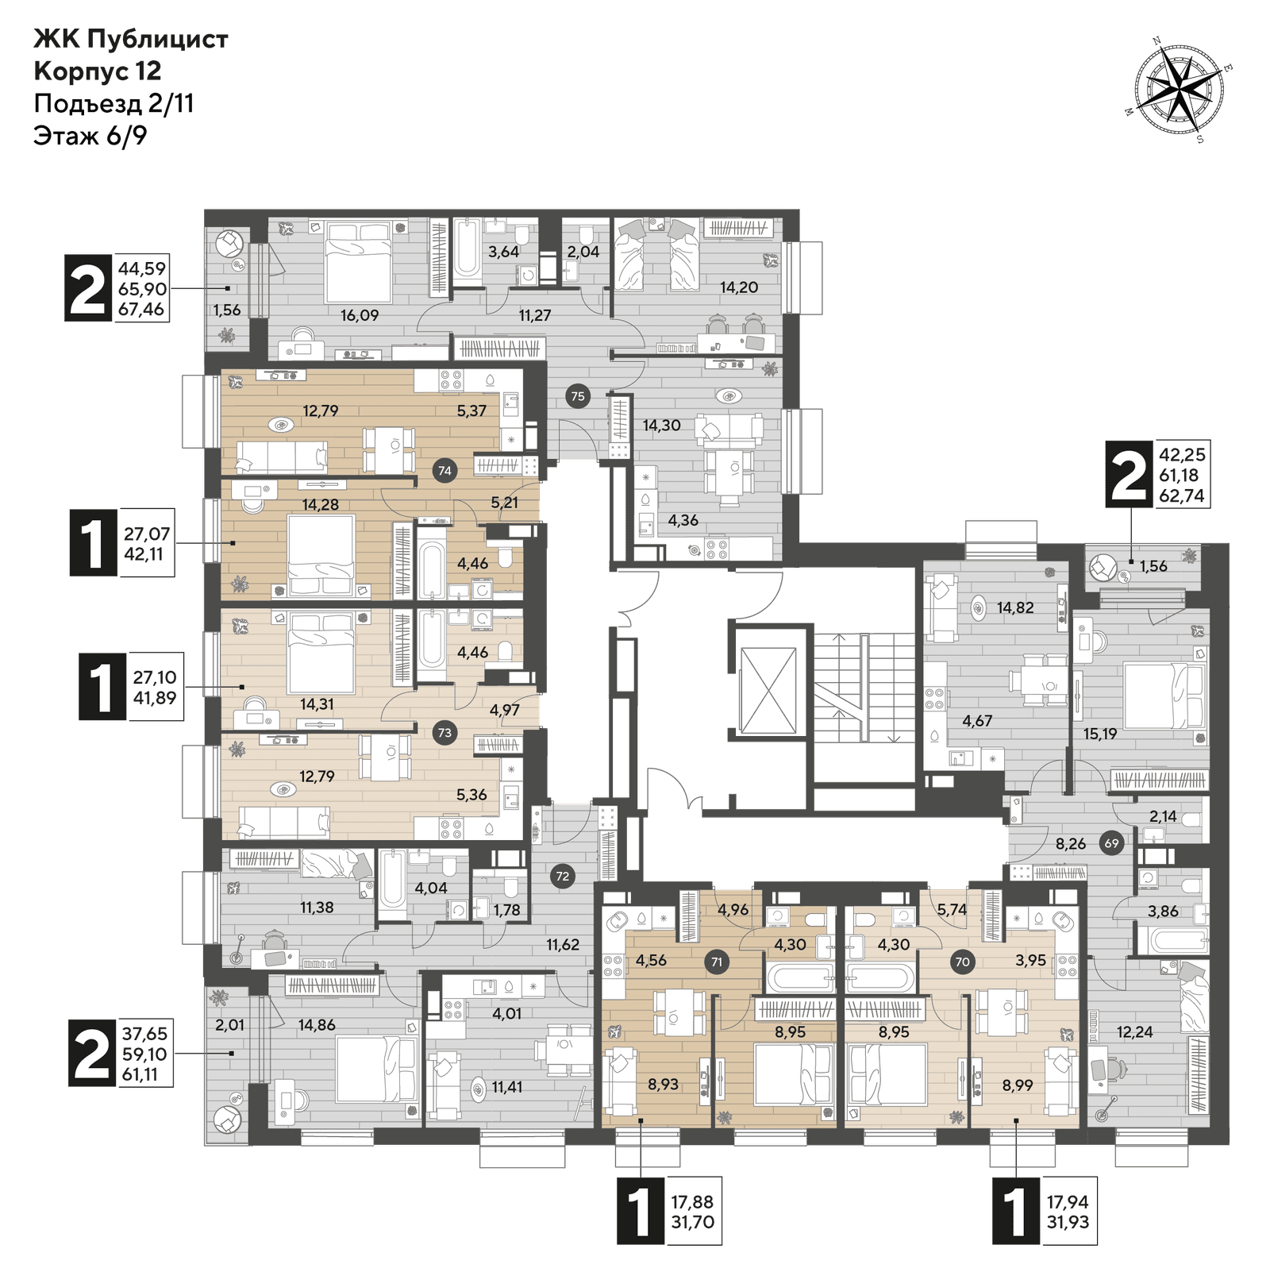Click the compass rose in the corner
(1178, 89)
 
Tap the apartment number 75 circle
(578, 396)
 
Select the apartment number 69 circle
(1111, 843)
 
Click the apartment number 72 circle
(563, 877)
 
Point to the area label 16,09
(360, 315)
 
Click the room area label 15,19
(1100, 734)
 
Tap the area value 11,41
(507, 1087)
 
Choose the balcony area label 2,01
(230, 1025)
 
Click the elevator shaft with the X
(768, 689)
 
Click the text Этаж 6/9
(90, 136)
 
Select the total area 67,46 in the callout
(141, 309)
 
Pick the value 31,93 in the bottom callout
(1068, 1222)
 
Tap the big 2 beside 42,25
(1129, 475)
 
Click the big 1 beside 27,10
(102, 687)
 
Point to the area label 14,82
(1015, 608)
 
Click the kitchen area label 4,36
(683, 521)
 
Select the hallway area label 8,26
(1070, 844)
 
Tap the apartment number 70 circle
(962, 962)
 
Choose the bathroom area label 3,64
(503, 252)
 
